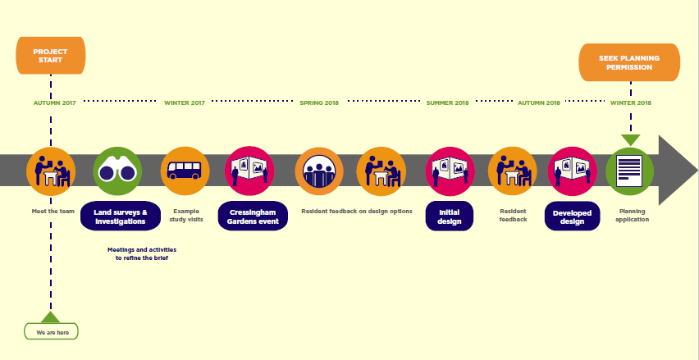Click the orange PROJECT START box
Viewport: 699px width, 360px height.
(50, 56)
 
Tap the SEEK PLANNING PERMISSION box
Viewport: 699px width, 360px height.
(629, 62)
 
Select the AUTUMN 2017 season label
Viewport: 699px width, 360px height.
(54, 103)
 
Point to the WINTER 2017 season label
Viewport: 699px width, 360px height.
(184, 103)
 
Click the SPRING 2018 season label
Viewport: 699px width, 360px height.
(319, 103)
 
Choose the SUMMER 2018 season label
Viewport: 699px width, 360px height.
(447, 103)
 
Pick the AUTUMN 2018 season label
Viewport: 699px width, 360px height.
(538, 103)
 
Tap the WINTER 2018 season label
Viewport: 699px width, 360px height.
(630, 103)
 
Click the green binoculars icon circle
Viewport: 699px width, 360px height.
(117, 171)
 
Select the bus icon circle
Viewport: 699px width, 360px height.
(185, 171)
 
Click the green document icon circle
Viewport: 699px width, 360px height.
(629, 171)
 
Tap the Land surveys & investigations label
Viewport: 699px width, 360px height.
(120, 216)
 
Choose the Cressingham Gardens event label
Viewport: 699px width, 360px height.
(253, 216)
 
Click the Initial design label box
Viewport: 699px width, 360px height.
(449, 216)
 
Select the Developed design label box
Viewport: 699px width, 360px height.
(572, 216)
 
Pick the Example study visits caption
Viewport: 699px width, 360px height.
(186, 215)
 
